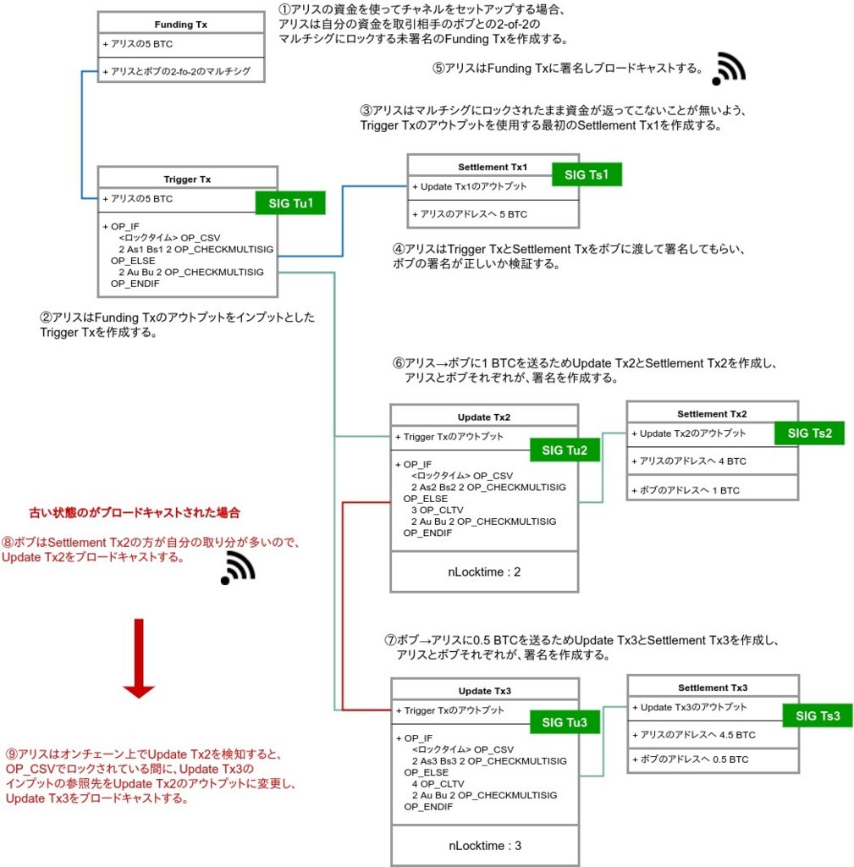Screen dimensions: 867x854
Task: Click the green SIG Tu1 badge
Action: [290, 203]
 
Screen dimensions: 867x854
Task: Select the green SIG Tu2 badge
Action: [565, 450]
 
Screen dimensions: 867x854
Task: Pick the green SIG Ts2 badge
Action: [809, 433]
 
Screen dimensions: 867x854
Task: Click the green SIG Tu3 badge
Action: [565, 722]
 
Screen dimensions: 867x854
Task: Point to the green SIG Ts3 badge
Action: [818, 715]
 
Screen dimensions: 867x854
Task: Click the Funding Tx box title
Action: [180, 25]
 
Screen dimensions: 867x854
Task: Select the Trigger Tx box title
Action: [187, 179]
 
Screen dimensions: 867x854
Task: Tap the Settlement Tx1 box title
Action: [493, 168]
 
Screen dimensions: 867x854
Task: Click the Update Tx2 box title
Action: [483, 417]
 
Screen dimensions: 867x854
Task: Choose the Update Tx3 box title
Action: [484, 691]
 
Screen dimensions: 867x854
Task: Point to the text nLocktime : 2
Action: [484, 572]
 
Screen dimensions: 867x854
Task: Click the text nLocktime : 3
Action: [485, 845]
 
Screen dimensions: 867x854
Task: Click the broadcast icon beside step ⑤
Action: [728, 69]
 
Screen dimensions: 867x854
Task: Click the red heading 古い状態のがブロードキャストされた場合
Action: [134, 513]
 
